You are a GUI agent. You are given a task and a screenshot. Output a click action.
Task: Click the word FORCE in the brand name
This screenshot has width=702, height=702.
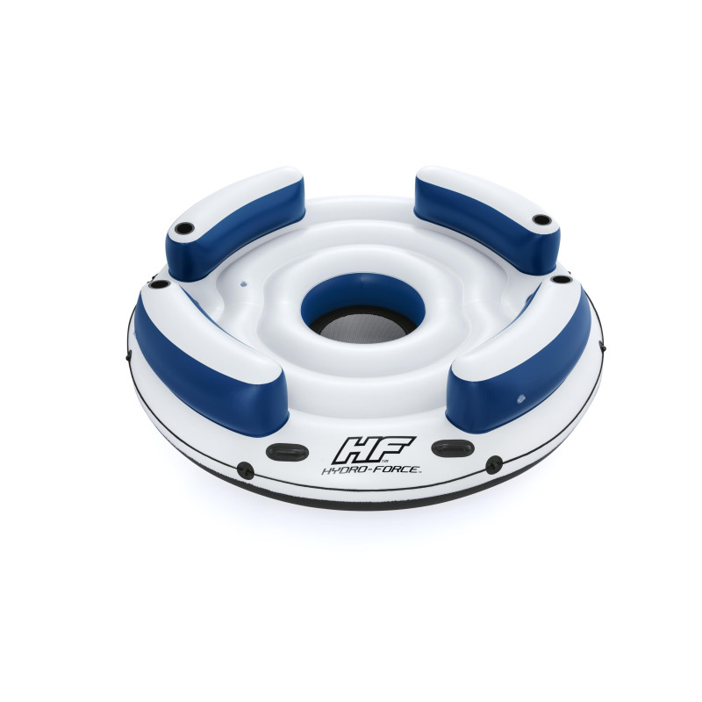[x=397, y=469]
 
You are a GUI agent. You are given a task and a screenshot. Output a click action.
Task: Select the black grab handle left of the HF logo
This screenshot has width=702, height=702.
[x=288, y=451]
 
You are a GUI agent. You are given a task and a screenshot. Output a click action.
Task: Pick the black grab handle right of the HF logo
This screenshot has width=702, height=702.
[x=453, y=448]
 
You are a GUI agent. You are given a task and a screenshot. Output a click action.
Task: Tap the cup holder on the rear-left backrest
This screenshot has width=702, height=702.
[x=184, y=228]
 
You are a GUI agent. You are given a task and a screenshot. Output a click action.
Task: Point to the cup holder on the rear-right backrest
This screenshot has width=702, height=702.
[x=541, y=220]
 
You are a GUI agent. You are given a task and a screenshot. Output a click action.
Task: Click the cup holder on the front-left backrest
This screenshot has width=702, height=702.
[x=160, y=283]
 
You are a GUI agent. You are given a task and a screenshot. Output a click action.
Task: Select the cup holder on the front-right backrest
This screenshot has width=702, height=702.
[x=562, y=279]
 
